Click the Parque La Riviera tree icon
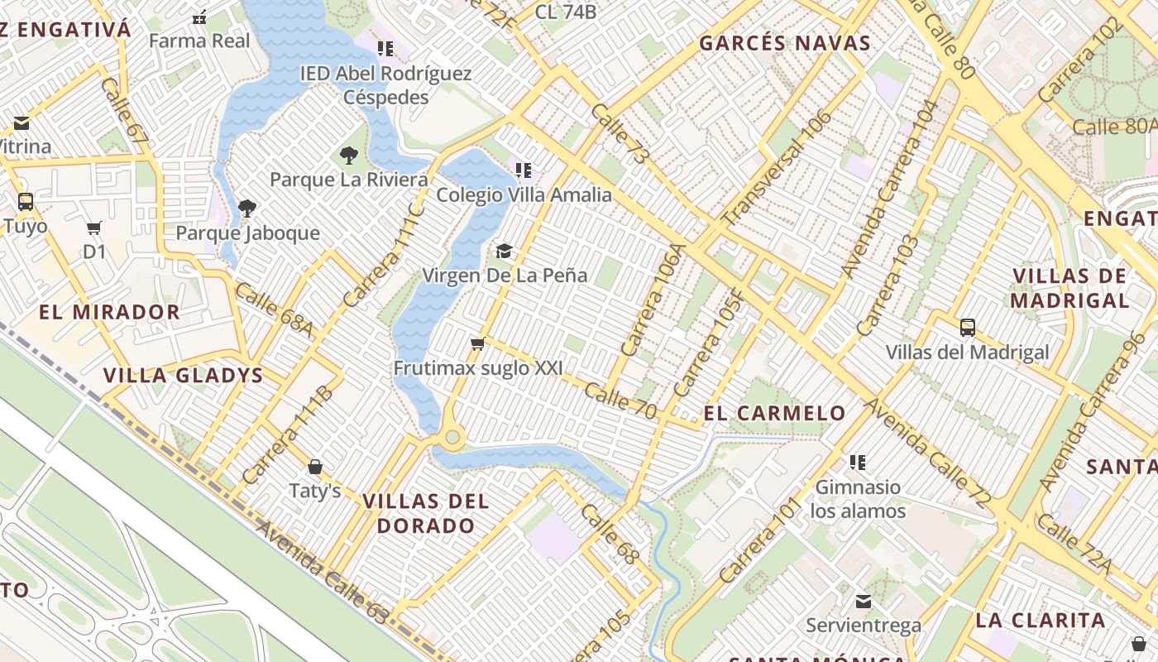(349, 155)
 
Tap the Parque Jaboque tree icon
(246, 208)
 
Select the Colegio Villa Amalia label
(524, 195)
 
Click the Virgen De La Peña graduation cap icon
(504, 251)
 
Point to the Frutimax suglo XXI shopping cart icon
(477, 343)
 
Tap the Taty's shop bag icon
(314, 467)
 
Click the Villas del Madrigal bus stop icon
(967, 327)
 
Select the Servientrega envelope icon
(864, 601)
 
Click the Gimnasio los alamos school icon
(858, 462)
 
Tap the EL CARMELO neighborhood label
(774, 413)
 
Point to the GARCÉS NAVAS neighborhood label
(785, 43)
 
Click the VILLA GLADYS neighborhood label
(183, 375)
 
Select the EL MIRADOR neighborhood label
(109, 312)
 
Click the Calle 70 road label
(620, 397)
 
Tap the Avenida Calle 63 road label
(322, 573)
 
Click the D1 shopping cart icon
(94, 227)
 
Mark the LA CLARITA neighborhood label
(1040, 620)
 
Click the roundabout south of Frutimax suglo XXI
(452, 437)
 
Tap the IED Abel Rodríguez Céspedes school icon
(385, 49)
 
